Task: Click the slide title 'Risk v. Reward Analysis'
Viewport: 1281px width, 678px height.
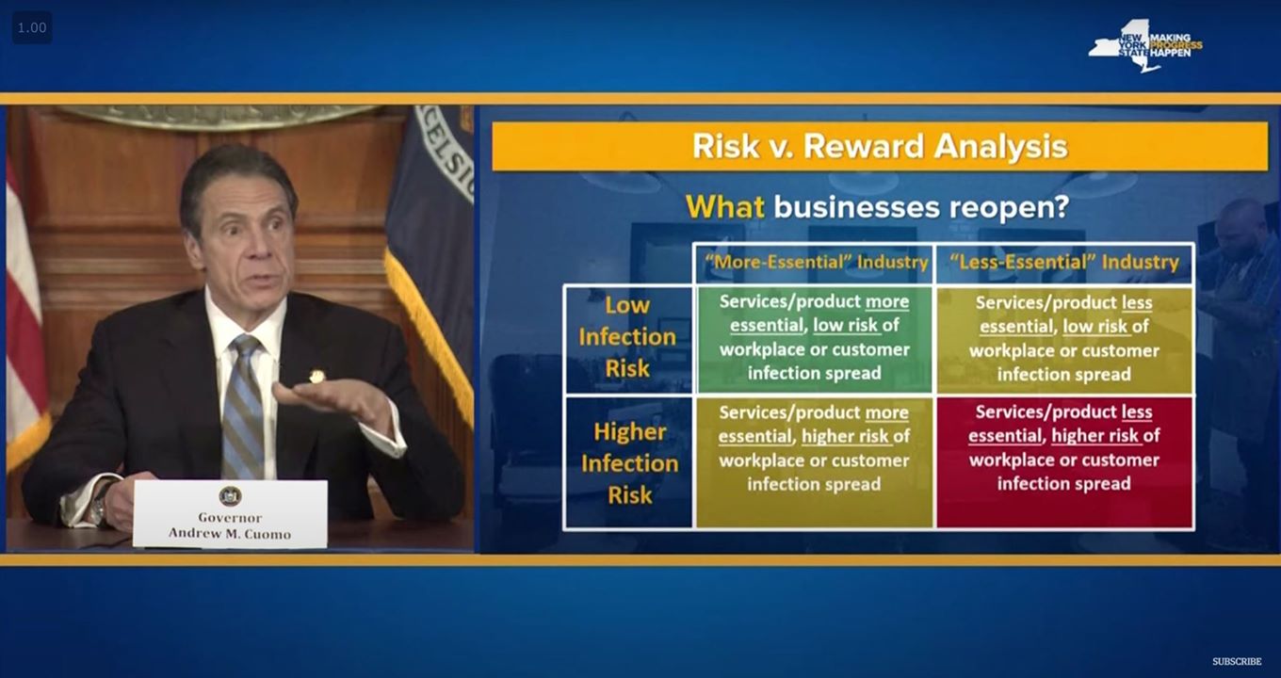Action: (x=880, y=146)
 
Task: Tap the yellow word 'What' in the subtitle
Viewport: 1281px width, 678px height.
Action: (x=724, y=206)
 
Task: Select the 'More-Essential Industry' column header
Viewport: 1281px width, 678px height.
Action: (x=816, y=262)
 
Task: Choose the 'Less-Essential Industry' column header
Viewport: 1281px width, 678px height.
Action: (x=1063, y=262)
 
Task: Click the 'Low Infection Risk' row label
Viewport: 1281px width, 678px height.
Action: (x=627, y=337)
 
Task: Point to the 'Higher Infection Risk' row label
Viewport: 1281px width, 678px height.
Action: (x=629, y=463)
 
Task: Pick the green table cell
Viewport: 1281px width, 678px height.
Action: (x=814, y=340)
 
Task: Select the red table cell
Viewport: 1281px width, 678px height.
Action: (x=1064, y=462)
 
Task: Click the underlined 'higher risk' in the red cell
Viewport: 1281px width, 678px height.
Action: (x=1095, y=436)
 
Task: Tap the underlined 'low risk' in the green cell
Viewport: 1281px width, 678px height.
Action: (x=845, y=325)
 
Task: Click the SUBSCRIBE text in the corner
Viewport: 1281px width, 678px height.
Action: (x=1237, y=661)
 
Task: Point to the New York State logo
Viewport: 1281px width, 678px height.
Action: (x=1144, y=46)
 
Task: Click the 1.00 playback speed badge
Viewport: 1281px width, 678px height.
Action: (x=32, y=27)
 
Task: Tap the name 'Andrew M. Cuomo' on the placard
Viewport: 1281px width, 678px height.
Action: (x=229, y=533)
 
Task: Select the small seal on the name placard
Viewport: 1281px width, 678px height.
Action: (x=230, y=495)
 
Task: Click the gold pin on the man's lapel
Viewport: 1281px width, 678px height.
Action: (x=316, y=376)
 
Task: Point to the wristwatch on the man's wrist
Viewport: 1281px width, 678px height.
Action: (x=99, y=506)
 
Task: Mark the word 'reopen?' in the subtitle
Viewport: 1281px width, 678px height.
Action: (x=1009, y=207)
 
